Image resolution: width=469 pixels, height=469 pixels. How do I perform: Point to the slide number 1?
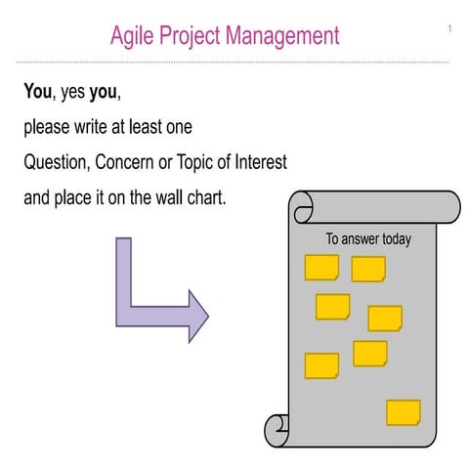click(x=450, y=28)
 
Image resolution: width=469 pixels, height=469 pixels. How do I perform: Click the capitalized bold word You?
click(x=38, y=94)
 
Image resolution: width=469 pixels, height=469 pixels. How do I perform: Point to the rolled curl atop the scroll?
click(x=304, y=205)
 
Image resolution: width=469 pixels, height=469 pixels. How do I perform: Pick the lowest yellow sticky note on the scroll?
click(x=403, y=412)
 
